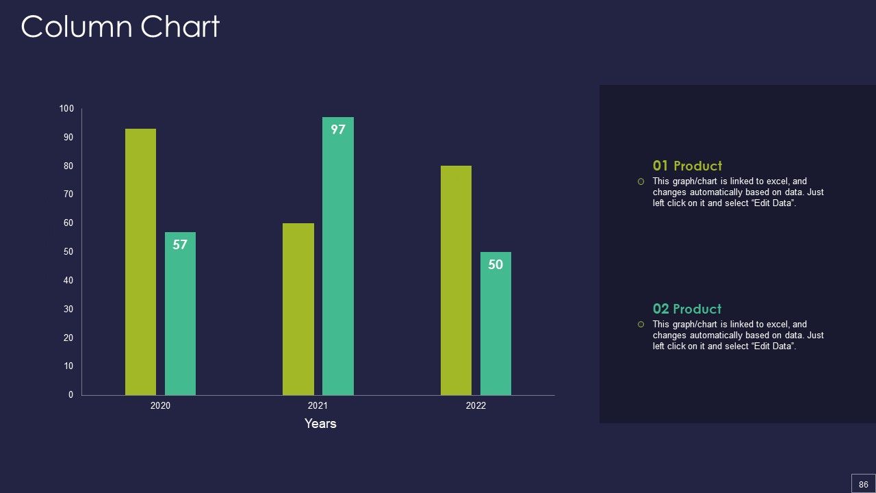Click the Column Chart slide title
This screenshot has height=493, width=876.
point(120,27)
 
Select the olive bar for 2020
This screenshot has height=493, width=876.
point(140,262)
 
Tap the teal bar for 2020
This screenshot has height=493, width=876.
point(180,314)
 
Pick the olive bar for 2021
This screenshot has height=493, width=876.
point(298,309)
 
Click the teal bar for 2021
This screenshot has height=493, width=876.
point(338,256)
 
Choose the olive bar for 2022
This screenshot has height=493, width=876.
point(456,280)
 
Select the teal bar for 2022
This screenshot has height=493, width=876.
point(495,324)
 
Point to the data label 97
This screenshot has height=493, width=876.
point(338,129)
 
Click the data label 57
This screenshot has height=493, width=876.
point(180,244)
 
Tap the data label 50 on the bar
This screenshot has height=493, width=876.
point(495,264)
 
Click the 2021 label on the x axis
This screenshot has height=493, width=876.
point(318,406)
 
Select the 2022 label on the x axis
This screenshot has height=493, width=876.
point(476,406)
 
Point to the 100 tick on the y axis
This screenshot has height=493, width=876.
point(66,108)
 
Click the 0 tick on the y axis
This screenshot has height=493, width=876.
point(70,395)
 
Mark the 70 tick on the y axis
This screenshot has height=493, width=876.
point(68,194)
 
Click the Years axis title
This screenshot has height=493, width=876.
point(320,424)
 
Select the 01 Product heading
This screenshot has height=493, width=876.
point(687,166)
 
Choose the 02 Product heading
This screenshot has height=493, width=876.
point(686,309)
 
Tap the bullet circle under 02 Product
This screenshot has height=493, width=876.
point(641,325)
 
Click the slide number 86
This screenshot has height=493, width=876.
point(864,484)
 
